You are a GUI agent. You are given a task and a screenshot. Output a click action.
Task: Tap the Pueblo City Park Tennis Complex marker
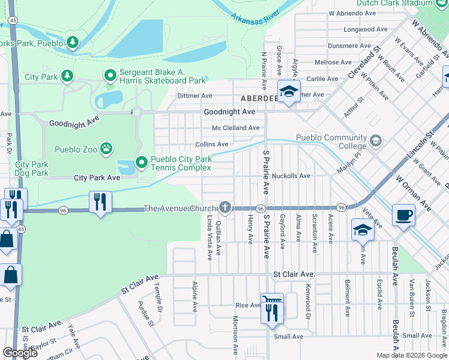coord(142,162)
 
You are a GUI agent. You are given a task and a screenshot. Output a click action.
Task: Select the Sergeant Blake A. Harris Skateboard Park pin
coord(110,76)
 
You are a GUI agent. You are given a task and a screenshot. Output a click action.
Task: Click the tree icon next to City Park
coord(68,76)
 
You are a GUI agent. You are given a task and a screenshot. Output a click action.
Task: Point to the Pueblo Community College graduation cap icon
coord(375,141)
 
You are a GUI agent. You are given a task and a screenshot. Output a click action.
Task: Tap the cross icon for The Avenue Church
coord(225,208)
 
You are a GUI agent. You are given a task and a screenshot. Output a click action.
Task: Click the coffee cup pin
coord(403,214)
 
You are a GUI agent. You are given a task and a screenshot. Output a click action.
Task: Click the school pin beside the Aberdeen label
coord(289,92)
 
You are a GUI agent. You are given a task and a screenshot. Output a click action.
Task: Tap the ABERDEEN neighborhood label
coord(258,98)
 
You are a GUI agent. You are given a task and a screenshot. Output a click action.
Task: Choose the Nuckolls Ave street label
coord(291,176)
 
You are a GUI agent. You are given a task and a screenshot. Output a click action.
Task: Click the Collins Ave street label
coord(212,144)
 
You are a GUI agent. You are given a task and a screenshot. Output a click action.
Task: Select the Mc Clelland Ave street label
coord(235,128)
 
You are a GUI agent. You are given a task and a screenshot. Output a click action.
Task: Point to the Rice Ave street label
coord(247,305)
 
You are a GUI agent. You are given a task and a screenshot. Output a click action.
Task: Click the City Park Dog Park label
coord(31,169)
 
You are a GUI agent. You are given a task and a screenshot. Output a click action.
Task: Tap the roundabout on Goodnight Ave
coord(136,112)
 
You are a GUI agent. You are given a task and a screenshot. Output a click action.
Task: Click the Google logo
coord(20,353)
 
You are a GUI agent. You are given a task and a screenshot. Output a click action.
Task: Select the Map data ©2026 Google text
coord(411,355)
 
